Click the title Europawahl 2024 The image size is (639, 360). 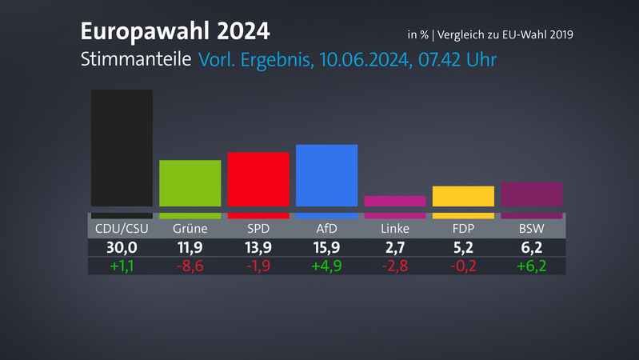(x=175, y=32)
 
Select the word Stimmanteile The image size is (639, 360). (x=135, y=59)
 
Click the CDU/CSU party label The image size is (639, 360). (x=122, y=229)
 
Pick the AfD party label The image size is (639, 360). (x=326, y=229)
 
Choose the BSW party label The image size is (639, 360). (x=531, y=229)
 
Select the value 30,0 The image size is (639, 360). (x=122, y=248)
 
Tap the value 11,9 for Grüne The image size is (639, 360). (x=190, y=248)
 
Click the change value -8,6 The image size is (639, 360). (x=190, y=266)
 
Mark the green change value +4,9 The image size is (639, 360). (x=326, y=266)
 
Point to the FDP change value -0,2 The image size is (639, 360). (x=463, y=266)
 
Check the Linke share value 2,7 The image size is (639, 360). (x=394, y=248)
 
